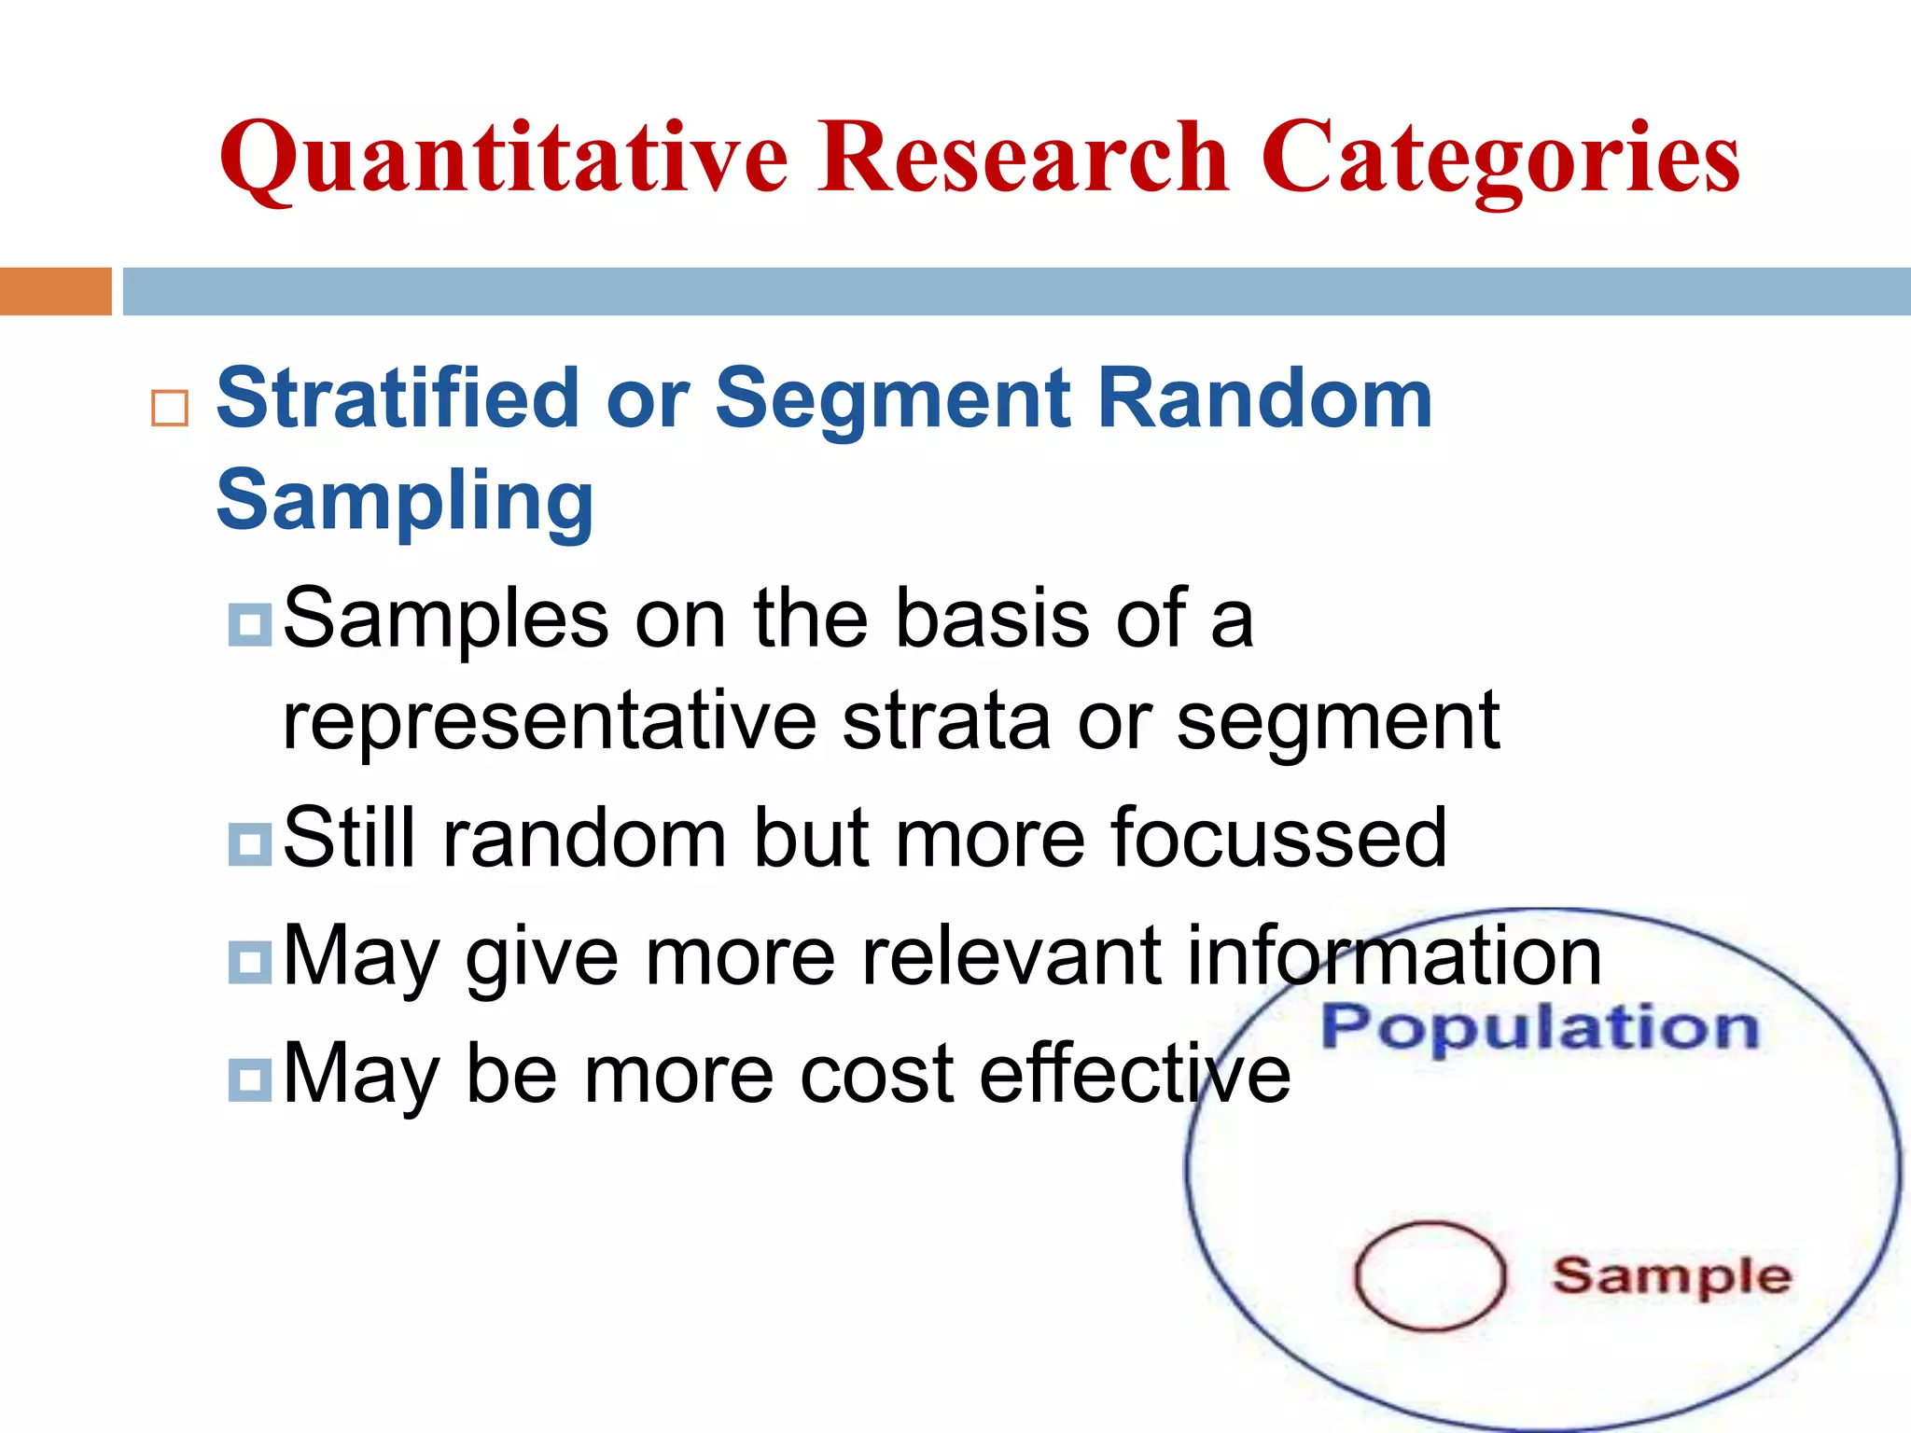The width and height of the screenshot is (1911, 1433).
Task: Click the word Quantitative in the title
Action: pos(504,159)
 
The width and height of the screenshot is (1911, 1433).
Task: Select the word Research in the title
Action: pos(1024,159)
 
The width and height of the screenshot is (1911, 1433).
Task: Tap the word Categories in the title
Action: pos(1500,159)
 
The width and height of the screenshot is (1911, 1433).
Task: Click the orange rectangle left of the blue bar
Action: pos(55,291)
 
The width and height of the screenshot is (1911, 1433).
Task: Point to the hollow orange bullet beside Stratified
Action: pos(169,408)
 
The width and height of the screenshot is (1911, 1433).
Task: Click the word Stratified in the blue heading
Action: pos(398,399)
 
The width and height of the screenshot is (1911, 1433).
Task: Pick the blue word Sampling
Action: pos(404,502)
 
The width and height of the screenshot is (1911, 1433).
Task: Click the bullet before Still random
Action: pos(249,843)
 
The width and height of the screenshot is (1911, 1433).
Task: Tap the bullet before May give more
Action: pos(249,962)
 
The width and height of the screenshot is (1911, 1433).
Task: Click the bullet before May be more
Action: pos(249,1079)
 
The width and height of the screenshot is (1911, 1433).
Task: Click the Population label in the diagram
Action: pos(1540,1028)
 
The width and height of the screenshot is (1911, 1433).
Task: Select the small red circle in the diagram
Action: pos(1430,1275)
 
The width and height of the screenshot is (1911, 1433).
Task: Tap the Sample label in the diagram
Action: pos(1670,1276)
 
